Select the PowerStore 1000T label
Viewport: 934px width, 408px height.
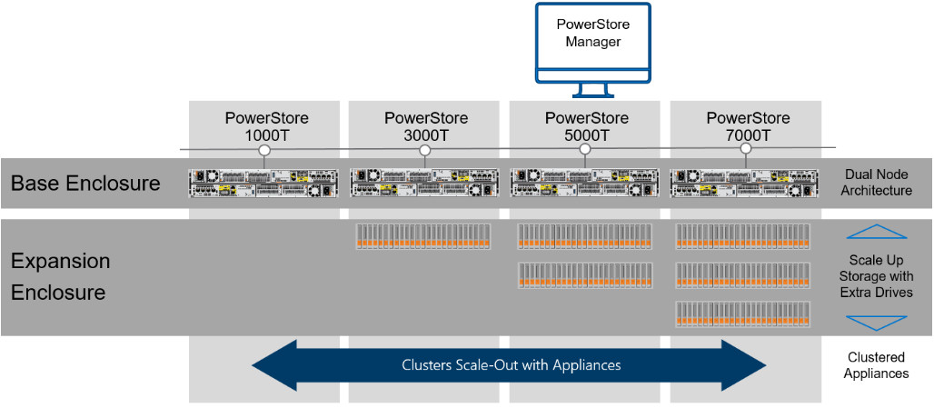click(266, 127)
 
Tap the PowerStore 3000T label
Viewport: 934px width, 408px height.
click(426, 127)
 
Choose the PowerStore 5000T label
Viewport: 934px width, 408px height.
click(586, 127)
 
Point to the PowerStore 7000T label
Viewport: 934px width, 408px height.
click(748, 127)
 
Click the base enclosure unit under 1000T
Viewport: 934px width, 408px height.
click(264, 183)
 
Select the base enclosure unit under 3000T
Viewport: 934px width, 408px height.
click(424, 183)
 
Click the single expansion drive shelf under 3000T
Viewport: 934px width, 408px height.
click(423, 236)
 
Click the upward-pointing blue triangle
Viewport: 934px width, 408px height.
click(876, 233)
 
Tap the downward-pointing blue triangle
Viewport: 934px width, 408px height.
click(876, 322)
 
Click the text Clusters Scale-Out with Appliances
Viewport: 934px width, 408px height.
click(511, 365)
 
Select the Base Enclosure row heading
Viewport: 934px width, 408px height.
click(85, 184)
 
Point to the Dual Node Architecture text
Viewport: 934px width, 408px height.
click(876, 183)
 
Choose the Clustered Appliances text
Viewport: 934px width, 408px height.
click(876, 365)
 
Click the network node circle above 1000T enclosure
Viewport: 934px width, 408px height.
click(263, 150)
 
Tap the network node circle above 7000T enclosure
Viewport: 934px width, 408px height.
click(746, 150)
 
